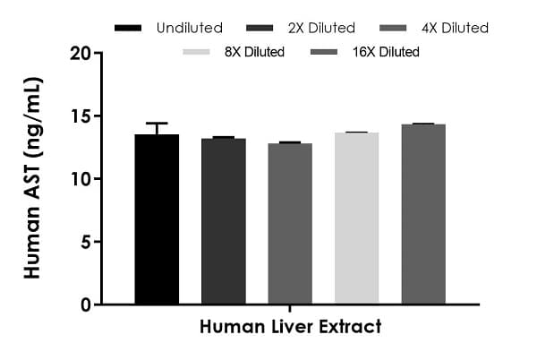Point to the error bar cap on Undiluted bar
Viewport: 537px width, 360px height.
(x=157, y=124)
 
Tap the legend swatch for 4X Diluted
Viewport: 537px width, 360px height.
(x=386, y=29)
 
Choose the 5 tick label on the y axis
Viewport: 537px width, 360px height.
(x=86, y=242)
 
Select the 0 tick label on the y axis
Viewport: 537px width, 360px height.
(x=86, y=304)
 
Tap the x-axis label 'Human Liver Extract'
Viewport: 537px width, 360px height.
(x=291, y=327)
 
